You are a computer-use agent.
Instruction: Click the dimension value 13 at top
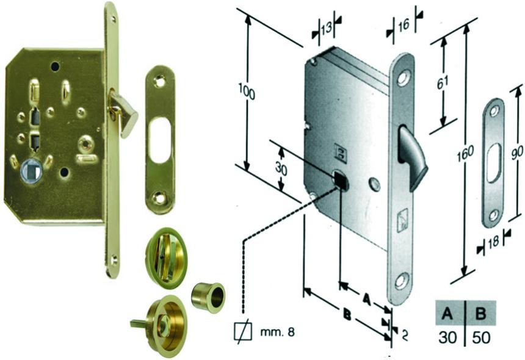pos(326,27)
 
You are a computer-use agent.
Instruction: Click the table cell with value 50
pos(481,336)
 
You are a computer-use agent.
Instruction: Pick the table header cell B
pos(481,314)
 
